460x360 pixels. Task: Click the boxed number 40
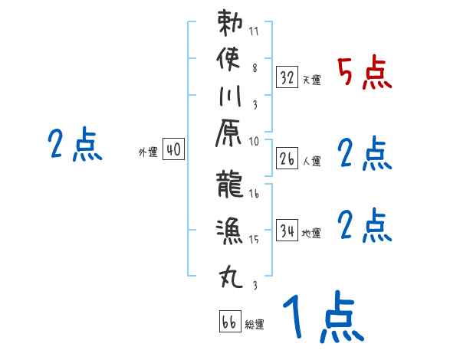pos(172,150)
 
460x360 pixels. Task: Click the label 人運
pos(311,162)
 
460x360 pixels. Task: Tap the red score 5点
pos(364,73)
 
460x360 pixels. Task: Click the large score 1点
pos(322,317)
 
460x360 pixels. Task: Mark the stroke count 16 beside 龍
pos(254,195)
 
